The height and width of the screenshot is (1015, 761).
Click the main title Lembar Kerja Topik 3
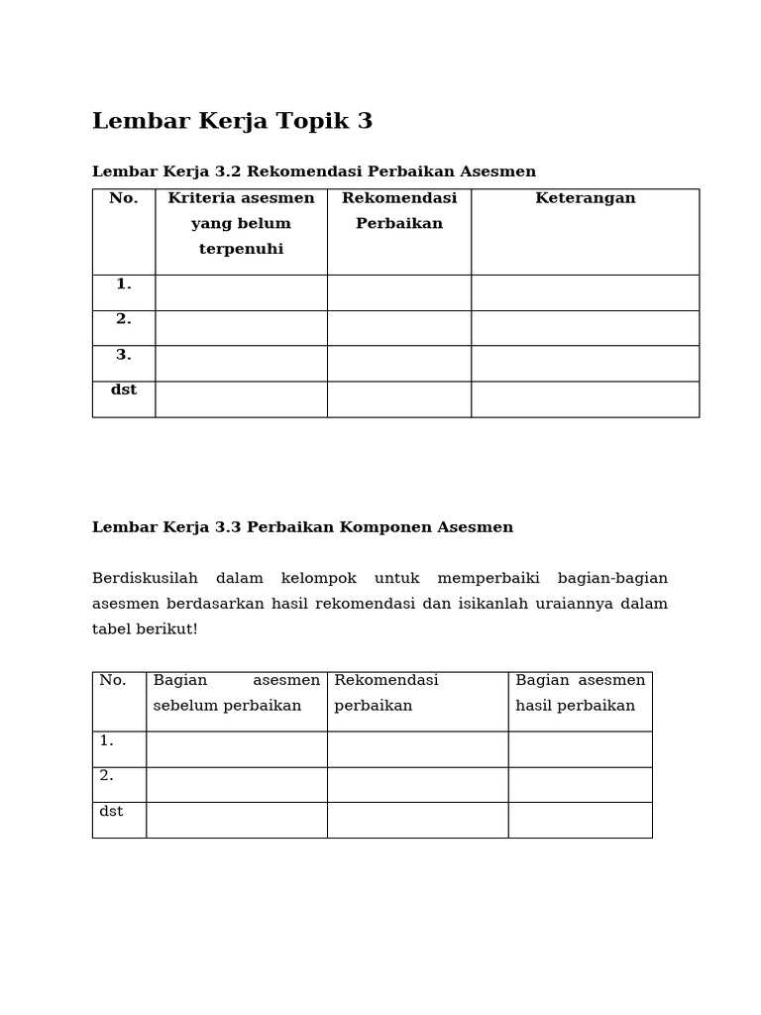point(232,121)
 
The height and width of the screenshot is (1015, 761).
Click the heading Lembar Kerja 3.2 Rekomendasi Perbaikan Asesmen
point(313,171)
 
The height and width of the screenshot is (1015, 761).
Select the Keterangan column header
point(585,198)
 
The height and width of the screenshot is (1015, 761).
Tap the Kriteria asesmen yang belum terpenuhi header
point(241,223)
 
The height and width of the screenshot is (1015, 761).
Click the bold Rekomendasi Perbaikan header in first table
point(398,210)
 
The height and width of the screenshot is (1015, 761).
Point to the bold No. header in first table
point(124,198)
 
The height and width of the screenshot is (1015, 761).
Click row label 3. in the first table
point(124,355)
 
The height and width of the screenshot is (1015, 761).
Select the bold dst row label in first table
point(124,390)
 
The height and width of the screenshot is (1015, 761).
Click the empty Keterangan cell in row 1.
point(585,292)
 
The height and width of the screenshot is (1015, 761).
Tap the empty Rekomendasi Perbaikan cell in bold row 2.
point(398,328)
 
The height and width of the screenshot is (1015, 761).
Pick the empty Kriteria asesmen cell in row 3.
point(241,363)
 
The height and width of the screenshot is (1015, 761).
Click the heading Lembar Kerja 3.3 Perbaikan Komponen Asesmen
point(302,527)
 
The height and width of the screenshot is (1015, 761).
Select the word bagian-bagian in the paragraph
point(612,578)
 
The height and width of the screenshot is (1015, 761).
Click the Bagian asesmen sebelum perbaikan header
point(236,693)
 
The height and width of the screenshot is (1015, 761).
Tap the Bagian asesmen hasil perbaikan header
point(580,693)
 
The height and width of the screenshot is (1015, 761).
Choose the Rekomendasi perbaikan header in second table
point(385,693)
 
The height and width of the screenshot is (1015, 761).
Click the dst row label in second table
point(111,811)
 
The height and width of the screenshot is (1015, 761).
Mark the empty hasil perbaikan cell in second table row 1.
point(580,748)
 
